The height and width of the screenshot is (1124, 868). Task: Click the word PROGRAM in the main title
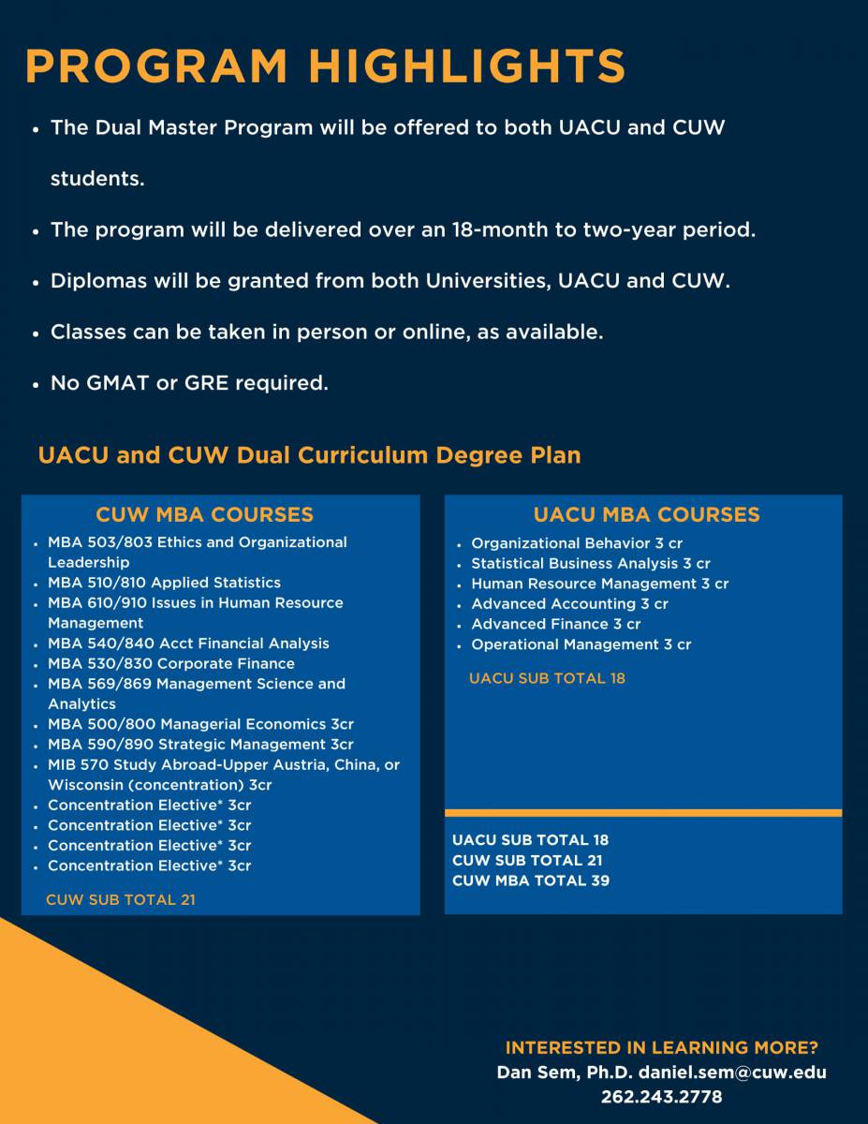(156, 66)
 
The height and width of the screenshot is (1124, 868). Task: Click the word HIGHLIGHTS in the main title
(467, 66)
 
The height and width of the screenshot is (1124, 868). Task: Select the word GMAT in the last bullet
(118, 383)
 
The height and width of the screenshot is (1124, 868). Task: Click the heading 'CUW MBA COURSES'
(205, 514)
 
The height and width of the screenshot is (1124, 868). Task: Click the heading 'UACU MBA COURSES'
(647, 514)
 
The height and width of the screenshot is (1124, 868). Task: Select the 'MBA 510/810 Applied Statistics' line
(165, 583)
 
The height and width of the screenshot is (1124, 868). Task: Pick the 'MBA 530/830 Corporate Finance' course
(171, 664)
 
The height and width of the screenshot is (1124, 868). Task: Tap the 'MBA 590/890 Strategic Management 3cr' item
(200, 745)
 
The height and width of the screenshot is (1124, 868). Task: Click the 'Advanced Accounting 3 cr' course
(569, 604)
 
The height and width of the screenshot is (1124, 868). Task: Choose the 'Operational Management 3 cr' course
(581, 645)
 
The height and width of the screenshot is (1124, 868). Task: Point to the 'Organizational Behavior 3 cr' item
(577, 543)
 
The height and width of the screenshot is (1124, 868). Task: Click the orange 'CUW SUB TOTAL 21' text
(121, 900)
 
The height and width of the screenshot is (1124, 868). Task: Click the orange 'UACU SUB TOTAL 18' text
(547, 679)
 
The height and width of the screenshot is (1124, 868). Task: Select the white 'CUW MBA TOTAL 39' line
(531, 880)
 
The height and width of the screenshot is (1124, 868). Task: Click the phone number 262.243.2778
(661, 1097)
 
